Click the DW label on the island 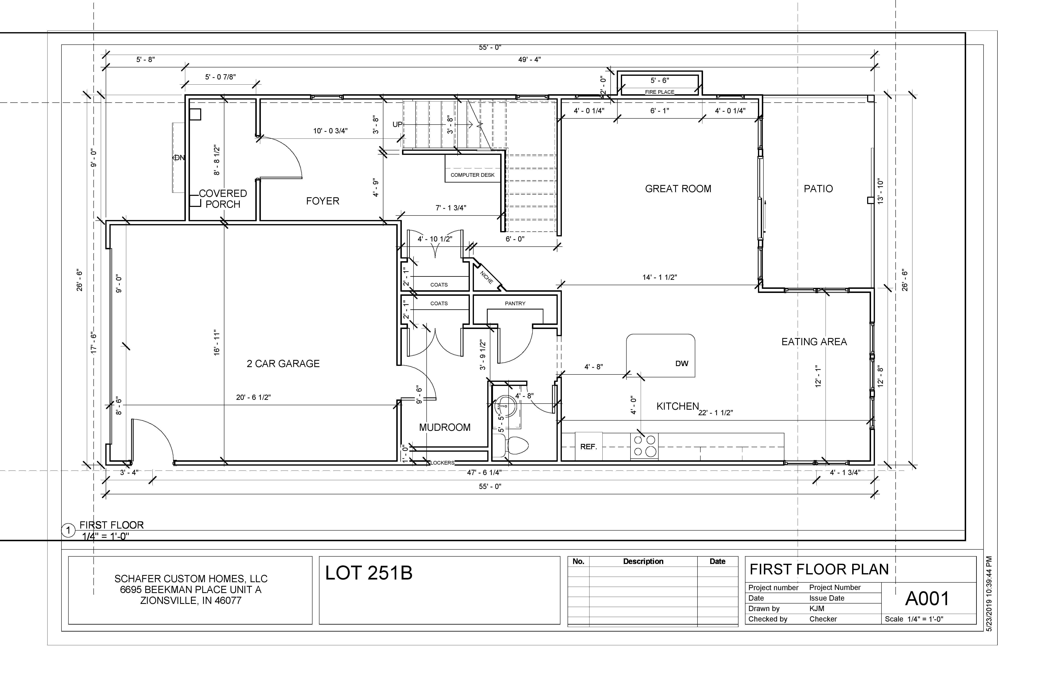point(682,363)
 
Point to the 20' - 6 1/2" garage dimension point(253,397)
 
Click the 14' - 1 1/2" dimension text point(660,277)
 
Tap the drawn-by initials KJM point(817,608)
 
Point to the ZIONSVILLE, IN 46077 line point(191,600)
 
